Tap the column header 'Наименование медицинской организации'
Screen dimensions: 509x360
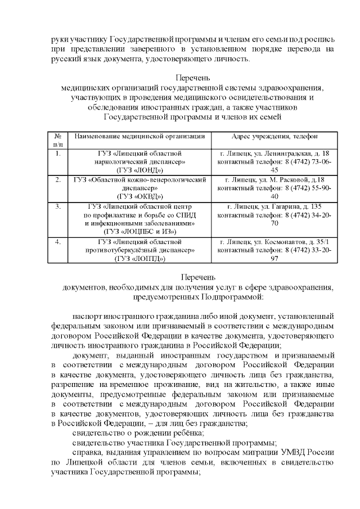click(x=139, y=137)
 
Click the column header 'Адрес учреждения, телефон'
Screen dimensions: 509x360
click(x=274, y=137)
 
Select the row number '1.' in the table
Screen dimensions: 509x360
click(x=57, y=153)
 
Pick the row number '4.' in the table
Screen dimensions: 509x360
click(x=57, y=242)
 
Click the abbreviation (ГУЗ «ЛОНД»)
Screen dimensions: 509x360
click(x=139, y=169)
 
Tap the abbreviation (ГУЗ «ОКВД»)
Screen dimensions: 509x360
click(x=139, y=196)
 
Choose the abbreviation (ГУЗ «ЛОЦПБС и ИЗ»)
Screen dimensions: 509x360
click(x=139, y=231)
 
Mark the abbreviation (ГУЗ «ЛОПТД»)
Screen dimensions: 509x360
click(x=139, y=258)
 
